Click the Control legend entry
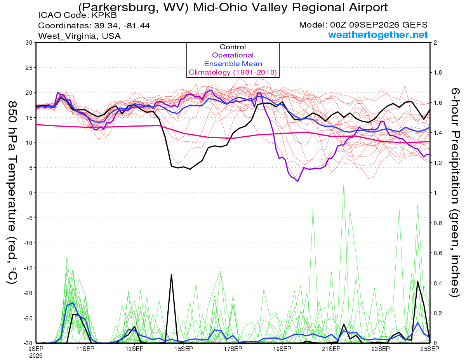[x=233, y=47]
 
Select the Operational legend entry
[x=233, y=55]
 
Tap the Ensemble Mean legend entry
[x=233, y=64]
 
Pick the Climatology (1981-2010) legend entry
[x=233, y=72]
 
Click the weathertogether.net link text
[x=378, y=35]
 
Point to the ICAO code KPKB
[x=104, y=15]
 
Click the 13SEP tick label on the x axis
[x=134, y=349]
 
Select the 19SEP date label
[x=282, y=349]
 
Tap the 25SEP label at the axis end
[x=430, y=349]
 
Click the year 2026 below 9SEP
[x=36, y=356]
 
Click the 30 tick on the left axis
[x=29, y=43]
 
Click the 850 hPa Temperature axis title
[x=12, y=192]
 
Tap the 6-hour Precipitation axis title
[x=455, y=192]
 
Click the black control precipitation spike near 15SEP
[x=171, y=274]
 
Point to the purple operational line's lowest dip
[x=297, y=181]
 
